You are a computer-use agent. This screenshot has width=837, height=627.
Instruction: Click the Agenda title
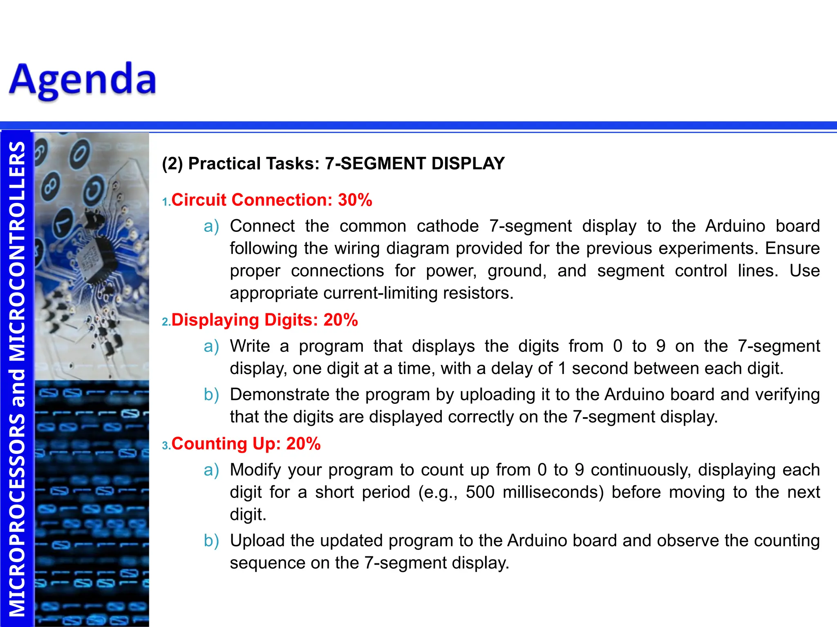(x=83, y=80)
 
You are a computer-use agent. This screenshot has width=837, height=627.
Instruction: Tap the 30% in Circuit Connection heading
(x=355, y=200)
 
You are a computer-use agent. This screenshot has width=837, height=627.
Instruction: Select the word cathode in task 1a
(x=448, y=226)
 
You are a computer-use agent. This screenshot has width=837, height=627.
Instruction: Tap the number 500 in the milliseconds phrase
(x=480, y=492)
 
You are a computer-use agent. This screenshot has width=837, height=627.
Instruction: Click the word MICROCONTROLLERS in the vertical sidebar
(x=17, y=253)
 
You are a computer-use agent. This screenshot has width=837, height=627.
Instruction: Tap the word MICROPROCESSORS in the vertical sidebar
(x=17, y=514)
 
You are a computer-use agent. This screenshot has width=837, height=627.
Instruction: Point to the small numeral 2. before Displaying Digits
(x=166, y=322)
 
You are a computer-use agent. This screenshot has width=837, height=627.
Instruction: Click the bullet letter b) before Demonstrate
(x=211, y=395)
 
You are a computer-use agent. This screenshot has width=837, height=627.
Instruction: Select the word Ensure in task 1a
(x=792, y=249)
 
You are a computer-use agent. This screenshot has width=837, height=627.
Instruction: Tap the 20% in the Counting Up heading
(x=303, y=444)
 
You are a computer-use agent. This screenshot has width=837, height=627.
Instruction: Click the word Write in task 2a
(x=249, y=346)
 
